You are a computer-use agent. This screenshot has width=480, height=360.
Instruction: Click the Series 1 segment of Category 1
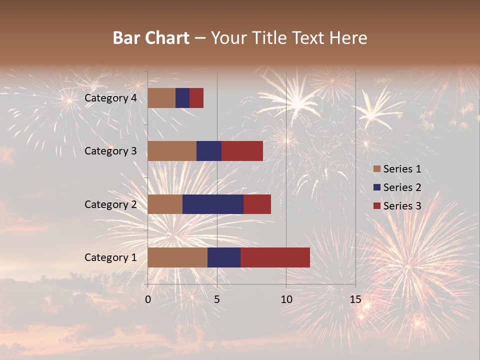click(x=177, y=257)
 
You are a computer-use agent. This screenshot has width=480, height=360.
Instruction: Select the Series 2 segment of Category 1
click(x=224, y=257)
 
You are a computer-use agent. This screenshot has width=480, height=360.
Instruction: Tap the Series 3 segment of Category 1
click(x=275, y=257)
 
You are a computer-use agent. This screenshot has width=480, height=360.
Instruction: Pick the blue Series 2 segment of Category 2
click(x=213, y=204)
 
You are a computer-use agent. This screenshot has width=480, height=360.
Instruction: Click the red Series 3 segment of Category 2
click(x=257, y=204)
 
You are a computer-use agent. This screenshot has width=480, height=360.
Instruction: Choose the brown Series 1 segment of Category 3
click(x=172, y=151)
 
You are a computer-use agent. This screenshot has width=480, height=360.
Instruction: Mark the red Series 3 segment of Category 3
click(x=242, y=151)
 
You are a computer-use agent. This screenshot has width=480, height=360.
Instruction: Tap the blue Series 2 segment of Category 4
click(x=182, y=98)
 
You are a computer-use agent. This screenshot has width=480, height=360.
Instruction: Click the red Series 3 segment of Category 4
click(x=196, y=98)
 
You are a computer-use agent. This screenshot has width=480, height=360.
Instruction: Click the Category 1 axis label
click(x=110, y=257)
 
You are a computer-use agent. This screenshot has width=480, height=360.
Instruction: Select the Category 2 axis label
click(x=110, y=204)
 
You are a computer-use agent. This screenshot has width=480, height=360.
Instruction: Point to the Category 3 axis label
click(x=110, y=151)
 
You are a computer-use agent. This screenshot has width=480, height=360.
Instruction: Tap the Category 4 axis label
click(x=110, y=98)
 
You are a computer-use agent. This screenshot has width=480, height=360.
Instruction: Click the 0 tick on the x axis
click(x=148, y=299)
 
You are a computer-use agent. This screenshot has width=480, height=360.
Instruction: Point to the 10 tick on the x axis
click(x=286, y=299)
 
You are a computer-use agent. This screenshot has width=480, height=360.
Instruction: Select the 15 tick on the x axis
click(x=355, y=299)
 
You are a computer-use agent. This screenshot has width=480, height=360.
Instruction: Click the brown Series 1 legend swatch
click(x=377, y=169)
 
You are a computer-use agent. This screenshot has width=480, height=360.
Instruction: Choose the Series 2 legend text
click(x=402, y=187)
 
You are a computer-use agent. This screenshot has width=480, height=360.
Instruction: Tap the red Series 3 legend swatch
click(x=377, y=206)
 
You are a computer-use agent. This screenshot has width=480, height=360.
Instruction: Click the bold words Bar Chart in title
click(x=151, y=38)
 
